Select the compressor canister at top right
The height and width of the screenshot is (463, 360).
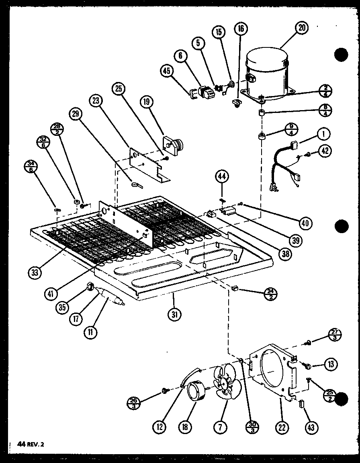pos(266,74)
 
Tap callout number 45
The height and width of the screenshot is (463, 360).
pos(166,71)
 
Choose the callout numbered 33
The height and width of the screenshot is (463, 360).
pos(35,272)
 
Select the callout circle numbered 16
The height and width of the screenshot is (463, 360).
pos(241,29)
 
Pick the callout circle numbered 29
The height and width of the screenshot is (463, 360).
pos(75,114)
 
